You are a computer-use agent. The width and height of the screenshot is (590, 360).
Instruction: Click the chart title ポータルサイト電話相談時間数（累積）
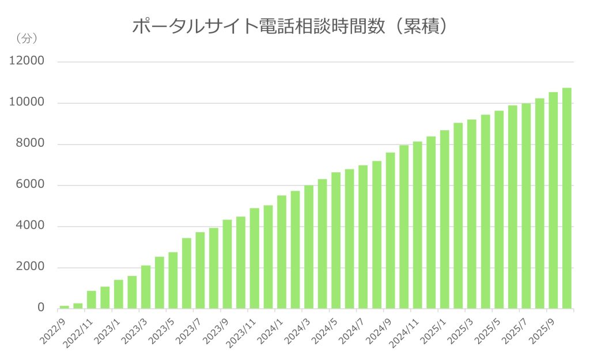point(290,26)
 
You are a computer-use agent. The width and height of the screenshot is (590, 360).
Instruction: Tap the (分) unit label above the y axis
point(25,39)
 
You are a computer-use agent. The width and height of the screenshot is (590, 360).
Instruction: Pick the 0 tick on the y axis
point(41,308)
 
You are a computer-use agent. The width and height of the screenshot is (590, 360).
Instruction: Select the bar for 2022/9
point(65,306)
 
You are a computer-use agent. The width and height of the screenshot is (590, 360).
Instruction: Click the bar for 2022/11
point(92,300)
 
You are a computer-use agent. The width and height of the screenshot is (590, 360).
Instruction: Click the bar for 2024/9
point(390,230)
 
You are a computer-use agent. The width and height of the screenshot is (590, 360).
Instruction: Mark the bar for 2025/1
point(445,219)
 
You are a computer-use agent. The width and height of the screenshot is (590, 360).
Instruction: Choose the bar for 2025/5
point(499,210)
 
